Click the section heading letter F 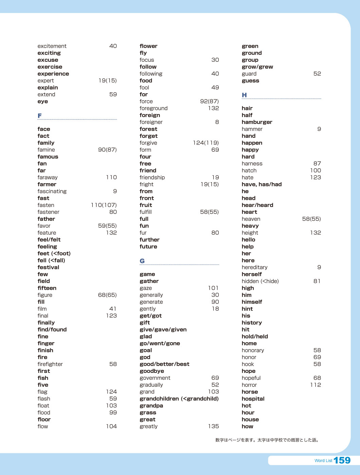(40, 116)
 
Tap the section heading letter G (142, 261)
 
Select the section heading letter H (244, 95)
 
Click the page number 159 (342, 460)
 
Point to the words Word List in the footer (323, 461)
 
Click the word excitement (52, 46)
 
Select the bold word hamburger (257, 122)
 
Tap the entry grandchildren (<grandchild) (179, 399)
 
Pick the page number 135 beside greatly (214, 426)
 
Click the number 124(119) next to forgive (206, 143)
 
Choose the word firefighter (50, 364)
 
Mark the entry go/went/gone (160, 343)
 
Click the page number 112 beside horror (316, 385)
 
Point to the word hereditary (254, 267)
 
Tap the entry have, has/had (262, 184)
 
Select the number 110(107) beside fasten (104, 205)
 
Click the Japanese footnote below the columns (268, 440)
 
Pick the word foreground (154, 108)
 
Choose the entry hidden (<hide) (260, 281)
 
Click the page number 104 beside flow (111, 426)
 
